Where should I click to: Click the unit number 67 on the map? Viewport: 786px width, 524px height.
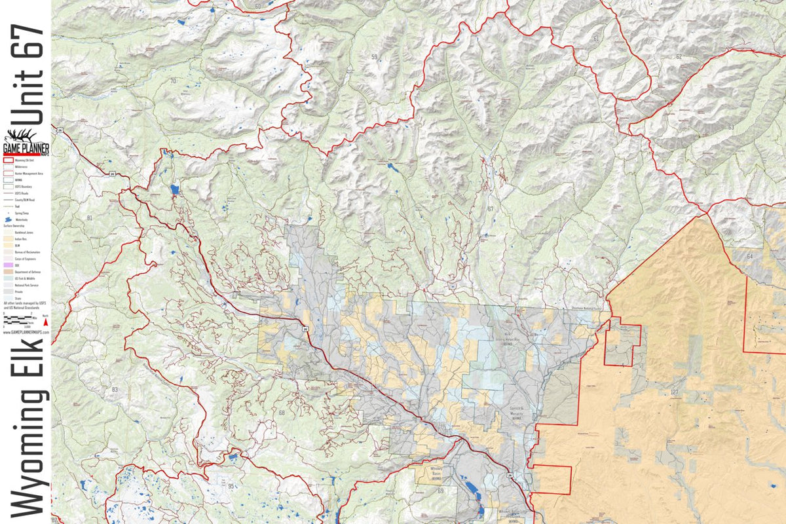489,209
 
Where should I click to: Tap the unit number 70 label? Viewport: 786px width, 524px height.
173,81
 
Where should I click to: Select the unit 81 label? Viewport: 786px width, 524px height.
89,217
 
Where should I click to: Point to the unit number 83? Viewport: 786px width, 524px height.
115,390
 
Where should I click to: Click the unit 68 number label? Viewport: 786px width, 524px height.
282,413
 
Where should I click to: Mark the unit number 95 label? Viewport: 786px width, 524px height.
231,486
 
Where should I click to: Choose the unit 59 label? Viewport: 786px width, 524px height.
374,58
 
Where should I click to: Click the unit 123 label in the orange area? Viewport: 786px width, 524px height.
674,392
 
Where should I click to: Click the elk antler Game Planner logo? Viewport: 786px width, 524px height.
26,141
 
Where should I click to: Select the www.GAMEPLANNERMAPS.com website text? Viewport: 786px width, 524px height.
26,332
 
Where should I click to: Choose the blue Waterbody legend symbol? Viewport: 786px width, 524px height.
9,219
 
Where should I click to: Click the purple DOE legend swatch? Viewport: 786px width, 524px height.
8,265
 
